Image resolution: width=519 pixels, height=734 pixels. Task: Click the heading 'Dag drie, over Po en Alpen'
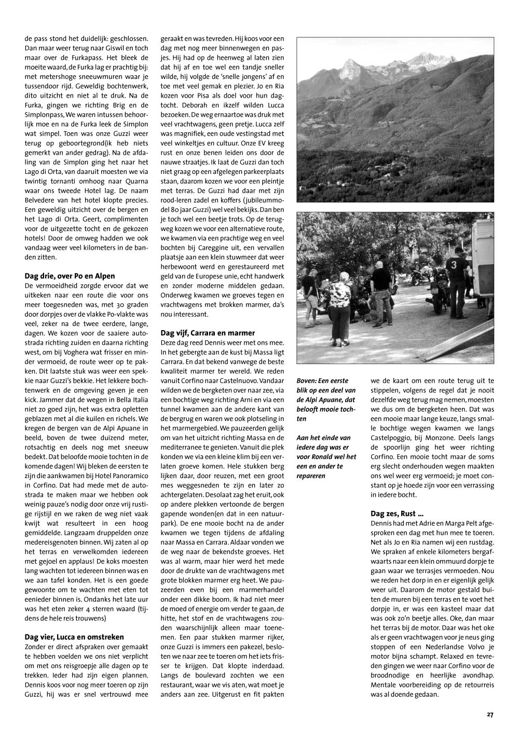[x=70, y=276]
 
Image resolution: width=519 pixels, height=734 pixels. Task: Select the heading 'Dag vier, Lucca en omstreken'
[x=74, y=637]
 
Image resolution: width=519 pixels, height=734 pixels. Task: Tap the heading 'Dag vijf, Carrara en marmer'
[x=208, y=333]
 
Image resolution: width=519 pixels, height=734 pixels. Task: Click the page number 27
[x=490, y=714]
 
